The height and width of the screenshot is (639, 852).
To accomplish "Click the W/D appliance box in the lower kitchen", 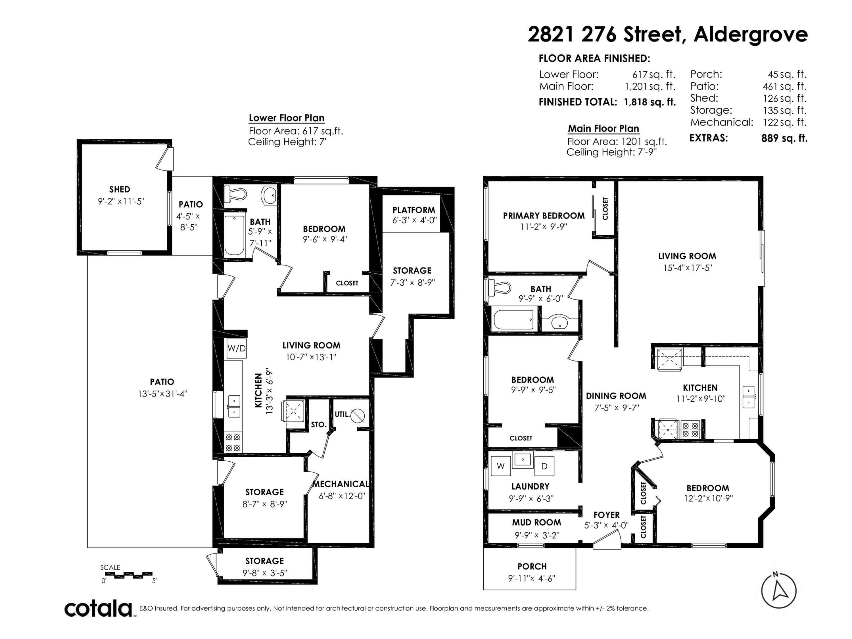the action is tap(237, 348).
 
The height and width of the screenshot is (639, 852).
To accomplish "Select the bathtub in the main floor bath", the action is tap(514, 319).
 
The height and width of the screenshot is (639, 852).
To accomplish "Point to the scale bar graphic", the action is tap(129, 575).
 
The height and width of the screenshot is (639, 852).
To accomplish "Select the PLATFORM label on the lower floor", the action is tap(414, 210).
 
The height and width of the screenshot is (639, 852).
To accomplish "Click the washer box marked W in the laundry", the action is tap(501, 466).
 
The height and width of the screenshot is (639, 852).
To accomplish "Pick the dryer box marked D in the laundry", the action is tap(544, 466).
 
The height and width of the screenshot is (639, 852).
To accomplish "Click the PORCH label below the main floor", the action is tap(532, 566).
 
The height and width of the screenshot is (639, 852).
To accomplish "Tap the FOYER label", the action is tap(607, 515).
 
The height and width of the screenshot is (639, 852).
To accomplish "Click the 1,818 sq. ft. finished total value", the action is tap(650, 102).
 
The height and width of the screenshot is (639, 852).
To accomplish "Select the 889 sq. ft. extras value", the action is tap(784, 138).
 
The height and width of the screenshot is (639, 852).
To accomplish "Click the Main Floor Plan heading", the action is tap(603, 128).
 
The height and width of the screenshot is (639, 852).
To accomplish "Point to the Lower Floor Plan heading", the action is tap(287, 118).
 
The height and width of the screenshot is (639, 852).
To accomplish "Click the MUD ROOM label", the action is tap(536, 522).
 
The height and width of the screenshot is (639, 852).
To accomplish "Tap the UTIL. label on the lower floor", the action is tap(342, 414).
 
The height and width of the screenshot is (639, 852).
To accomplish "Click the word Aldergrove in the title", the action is tap(751, 34).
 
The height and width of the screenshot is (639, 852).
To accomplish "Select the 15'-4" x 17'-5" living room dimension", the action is tap(688, 268).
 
